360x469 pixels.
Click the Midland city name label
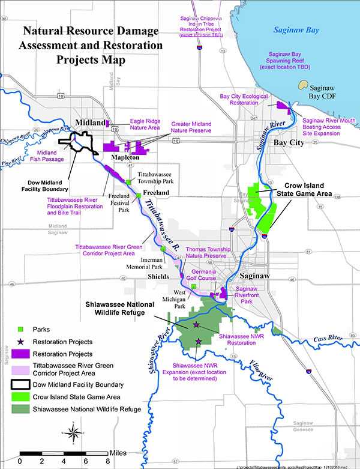(91, 123)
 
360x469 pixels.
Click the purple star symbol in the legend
(21, 341)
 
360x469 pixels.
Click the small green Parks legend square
(21, 329)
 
